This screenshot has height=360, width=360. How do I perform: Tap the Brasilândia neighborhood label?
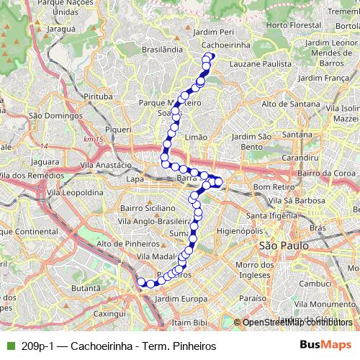coord(163,50)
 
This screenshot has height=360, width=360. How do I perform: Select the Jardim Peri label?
coord(214,32)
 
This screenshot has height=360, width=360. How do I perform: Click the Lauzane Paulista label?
coord(260,64)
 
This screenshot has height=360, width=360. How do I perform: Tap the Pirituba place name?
coord(99,95)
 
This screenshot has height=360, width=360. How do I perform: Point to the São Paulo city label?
coord(283,246)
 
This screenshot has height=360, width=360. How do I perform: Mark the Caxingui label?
coord(109,314)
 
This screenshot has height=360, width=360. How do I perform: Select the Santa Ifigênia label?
coord(272,215)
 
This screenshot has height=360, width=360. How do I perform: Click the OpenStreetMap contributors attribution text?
coord(297,323)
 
